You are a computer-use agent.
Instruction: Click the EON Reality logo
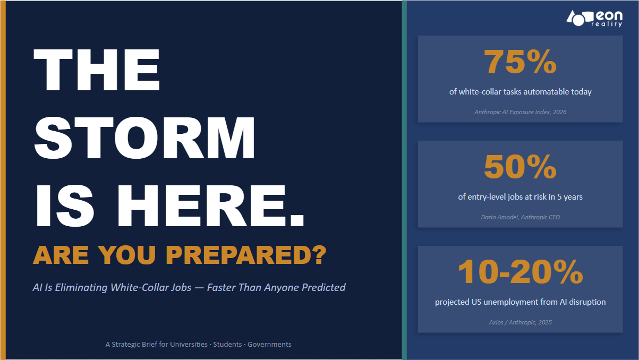[594, 19]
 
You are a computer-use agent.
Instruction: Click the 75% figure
[520, 62]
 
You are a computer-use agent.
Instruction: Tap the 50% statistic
[520, 167]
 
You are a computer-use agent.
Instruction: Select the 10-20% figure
[520, 272]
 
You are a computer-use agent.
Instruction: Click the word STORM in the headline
[144, 138]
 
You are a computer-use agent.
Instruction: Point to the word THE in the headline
[97, 70]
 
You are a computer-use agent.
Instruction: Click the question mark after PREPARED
[319, 255]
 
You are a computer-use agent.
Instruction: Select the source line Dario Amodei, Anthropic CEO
[521, 217]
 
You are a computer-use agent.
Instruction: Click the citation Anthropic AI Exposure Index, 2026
[521, 112]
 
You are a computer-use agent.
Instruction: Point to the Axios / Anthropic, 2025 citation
[521, 322]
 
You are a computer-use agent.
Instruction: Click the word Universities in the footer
[189, 344]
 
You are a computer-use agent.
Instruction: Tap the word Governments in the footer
[269, 344]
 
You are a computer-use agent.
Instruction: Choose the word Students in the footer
[227, 344]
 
